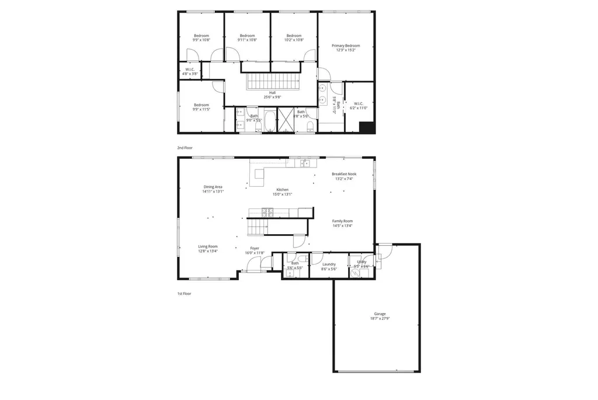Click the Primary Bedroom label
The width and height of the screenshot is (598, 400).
point(346,46)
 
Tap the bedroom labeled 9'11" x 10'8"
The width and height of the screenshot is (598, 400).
point(247,38)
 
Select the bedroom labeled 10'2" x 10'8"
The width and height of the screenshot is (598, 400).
point(294,38)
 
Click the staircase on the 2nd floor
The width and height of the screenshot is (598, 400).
point(272,81)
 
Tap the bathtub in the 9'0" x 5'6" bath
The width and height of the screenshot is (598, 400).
point(269,123)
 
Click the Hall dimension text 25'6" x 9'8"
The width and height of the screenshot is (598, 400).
point(272,97)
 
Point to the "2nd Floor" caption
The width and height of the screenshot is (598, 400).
point(185,148)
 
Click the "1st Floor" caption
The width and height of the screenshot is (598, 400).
point(185,294)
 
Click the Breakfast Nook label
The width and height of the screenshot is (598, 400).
point(344,174)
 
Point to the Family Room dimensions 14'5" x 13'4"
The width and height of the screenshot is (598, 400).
point(343,225)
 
